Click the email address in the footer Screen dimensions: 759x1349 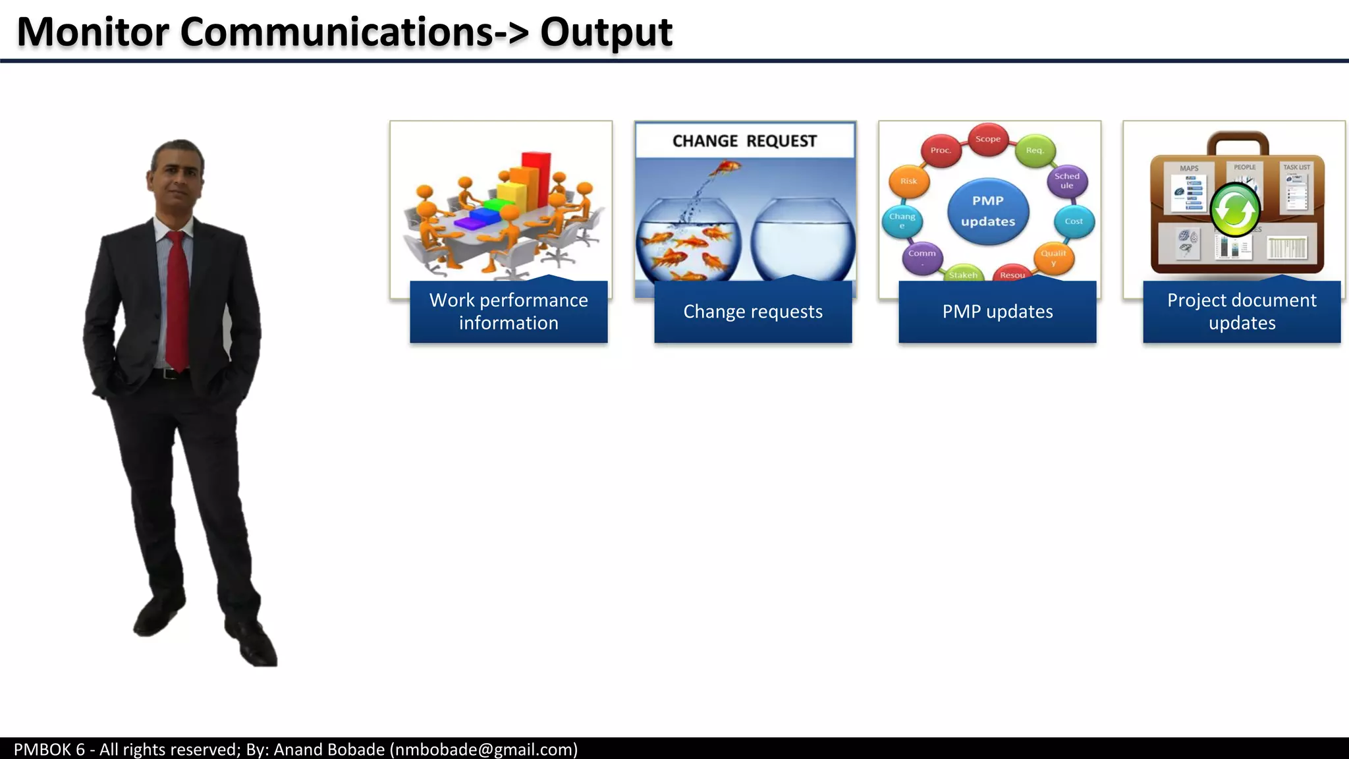pos(484,749)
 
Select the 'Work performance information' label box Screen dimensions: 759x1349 pos(509,312)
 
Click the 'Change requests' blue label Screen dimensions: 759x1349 pos(753,312)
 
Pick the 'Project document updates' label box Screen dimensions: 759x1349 pos(1242,312)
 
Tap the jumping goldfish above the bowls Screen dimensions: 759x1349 pos(725,169)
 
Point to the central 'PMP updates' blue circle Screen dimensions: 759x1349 pos(987,211)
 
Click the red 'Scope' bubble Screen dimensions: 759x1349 pos(987,139)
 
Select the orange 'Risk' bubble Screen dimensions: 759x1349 pos(908,181)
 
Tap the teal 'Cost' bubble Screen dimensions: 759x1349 pos(1073,221)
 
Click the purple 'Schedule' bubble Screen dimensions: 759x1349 pos(1066,181)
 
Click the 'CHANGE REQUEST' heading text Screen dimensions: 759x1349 pos(744,141)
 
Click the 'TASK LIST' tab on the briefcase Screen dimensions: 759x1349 pos(1296,167)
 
